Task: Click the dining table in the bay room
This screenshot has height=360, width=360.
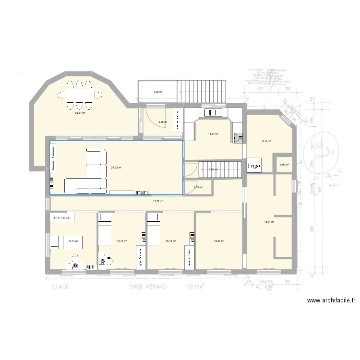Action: (80, 95)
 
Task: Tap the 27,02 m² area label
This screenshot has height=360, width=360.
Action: (116, 168)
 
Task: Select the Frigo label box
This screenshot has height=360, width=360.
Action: (254, 166)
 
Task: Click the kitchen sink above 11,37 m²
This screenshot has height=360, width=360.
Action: (212, 113)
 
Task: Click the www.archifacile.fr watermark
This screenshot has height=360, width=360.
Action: (331, 301)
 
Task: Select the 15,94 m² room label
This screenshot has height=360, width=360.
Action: (269, 221)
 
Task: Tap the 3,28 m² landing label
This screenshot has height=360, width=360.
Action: (158, 92)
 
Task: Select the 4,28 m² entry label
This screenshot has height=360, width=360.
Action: (162, 122)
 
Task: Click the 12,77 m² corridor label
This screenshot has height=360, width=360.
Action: (158, 202)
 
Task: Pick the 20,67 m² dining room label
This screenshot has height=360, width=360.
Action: (80, 113)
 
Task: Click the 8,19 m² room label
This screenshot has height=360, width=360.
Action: (266, 141)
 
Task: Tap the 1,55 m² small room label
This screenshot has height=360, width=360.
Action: (198, 188)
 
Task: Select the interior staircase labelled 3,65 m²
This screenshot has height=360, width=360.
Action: (226, 169)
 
